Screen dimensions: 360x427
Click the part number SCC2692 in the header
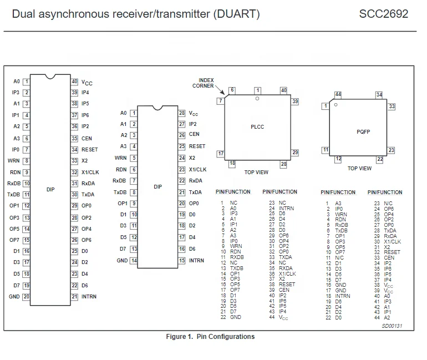click(383, 13)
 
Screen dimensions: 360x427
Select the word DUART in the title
click(236, 13)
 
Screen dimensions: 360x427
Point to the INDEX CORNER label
click(203, 83)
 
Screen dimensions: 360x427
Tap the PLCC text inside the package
click(257, 127)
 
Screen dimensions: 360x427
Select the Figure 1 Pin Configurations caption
click(210, 337)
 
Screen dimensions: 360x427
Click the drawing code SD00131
click(392, 327)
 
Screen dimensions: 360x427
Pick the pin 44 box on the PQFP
click(338, 95)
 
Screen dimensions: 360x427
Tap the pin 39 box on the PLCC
click(295, 102)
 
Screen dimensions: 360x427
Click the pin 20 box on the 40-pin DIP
click(27, 297)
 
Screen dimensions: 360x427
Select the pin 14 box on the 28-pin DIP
click(134, 261)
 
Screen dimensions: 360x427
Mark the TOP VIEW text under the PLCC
click(257, 173)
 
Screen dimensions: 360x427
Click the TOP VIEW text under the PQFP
click(359, 168)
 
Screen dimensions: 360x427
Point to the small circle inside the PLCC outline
click(257, 99)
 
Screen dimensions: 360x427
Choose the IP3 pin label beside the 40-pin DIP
click(16, 93)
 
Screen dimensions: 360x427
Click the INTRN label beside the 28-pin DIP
click(196, 261)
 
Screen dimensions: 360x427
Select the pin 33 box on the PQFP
click(392, 106)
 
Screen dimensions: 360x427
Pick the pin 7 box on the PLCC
click(221, 101)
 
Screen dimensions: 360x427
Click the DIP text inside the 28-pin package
click(157, 187)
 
